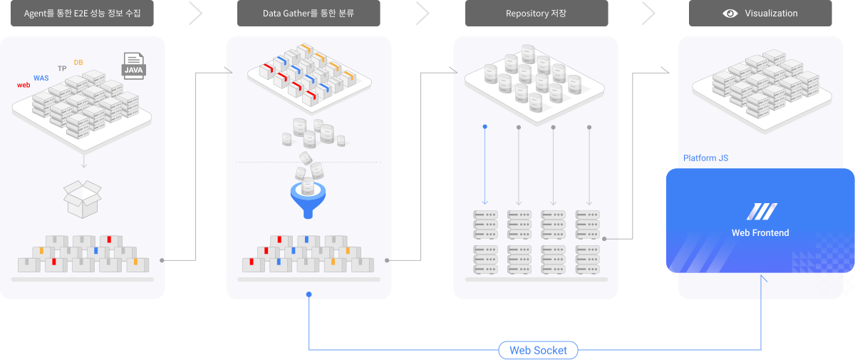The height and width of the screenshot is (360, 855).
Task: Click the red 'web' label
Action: point(24,86)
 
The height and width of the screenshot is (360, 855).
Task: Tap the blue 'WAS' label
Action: point(41,78)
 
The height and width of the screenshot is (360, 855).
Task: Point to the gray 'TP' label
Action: point(62,68)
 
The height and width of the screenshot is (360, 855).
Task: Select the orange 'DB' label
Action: point(78,63)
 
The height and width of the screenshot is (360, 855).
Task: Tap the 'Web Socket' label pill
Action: point(538,350)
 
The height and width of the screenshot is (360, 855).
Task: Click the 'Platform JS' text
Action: point(705,158)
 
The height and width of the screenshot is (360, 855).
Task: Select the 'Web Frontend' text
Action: point(760,233)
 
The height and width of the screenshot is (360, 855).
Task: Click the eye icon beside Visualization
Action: point(730,14)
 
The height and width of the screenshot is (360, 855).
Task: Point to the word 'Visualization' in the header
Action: point(771,14)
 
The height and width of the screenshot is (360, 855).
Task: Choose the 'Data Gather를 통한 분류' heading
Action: point(308,14)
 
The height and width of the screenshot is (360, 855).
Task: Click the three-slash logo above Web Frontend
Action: point(761,211)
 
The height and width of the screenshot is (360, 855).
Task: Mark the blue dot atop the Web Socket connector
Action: point(309,294)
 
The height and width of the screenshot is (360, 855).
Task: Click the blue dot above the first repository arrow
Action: point(484,127)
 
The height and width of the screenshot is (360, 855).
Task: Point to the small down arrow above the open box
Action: point(83,163)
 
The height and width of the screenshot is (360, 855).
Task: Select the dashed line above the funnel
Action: point(309,163)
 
